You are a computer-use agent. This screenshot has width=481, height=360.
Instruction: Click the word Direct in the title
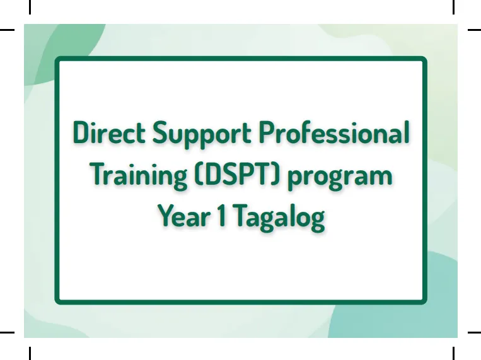click(x=109, y=132)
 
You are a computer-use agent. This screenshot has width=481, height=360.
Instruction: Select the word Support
click(x=202, y=135)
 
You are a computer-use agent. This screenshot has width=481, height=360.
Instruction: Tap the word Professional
click(x=334, y=132)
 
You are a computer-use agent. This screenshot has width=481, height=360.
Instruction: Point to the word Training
click(x=140, y=176)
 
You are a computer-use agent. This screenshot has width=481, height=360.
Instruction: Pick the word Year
click(x=184, y=216)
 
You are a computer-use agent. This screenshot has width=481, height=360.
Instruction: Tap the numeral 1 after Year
click(x=222, y=216)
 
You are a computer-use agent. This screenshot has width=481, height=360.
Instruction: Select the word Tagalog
click(x=280, y=218)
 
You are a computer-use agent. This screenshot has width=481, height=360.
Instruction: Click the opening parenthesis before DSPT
click(x=199, y=174)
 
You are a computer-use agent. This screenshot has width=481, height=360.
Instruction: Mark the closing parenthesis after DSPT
click(x=275, y=174)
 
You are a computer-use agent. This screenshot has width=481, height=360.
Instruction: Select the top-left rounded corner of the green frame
click(x=57, y=59)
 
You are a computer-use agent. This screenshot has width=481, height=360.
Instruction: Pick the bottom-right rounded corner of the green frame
click(x=424, y=301)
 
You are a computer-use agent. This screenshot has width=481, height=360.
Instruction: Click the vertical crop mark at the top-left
click(x=30, y=7)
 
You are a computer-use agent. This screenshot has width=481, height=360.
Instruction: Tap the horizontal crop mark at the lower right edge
click(x=474, y=332)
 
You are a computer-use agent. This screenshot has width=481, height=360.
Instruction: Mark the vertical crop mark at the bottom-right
click(x=453, y=353)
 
